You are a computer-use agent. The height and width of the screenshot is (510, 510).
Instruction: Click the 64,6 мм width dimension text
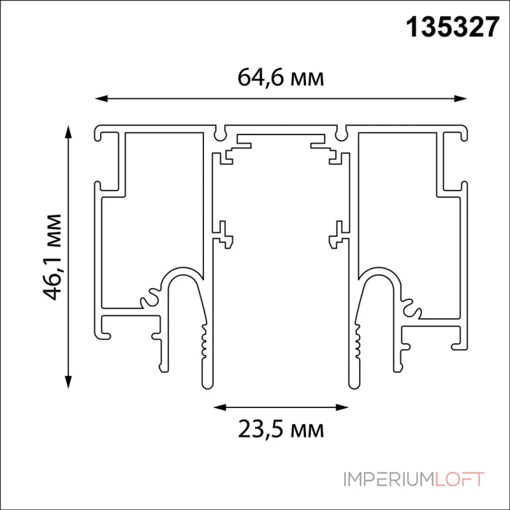tap(281, 78)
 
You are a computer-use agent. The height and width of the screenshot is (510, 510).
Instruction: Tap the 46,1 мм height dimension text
tap(54, 255)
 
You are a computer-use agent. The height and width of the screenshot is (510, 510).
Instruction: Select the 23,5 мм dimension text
tap(281, 428)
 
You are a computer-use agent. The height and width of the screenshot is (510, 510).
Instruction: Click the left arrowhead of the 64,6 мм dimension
tap(99, 98)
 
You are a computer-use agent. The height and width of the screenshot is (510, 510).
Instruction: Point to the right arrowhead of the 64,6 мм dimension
tap(463, 98)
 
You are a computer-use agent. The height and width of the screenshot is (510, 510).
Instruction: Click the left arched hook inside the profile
tap(184, 280)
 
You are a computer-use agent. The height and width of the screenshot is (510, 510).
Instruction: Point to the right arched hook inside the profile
tap(377, 280)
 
